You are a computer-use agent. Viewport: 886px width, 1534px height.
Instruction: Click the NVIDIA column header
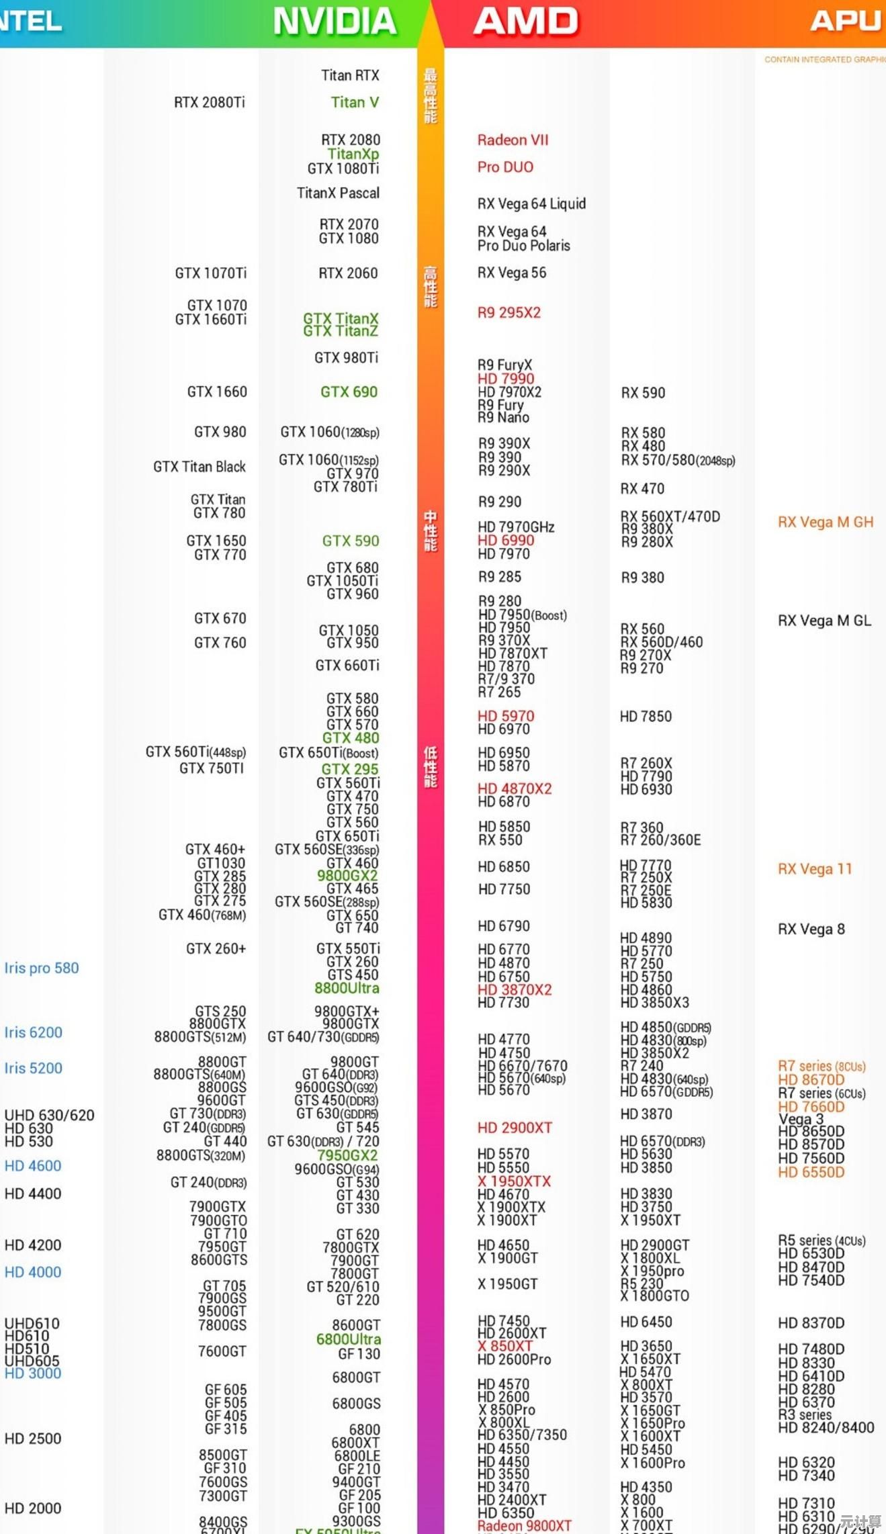[x=335, y=21]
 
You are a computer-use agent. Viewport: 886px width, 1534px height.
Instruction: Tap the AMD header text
[x=525, y=21]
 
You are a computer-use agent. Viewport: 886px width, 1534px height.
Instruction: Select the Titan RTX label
[x=350, y=75]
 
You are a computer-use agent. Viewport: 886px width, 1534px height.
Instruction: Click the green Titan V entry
[x=355, y=102]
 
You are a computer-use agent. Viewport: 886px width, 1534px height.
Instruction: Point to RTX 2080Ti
[x=210, y=102]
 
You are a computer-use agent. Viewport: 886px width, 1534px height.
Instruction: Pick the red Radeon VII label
[x=513, y=140]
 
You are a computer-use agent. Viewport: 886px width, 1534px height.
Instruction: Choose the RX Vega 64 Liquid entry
[x=531, y=204]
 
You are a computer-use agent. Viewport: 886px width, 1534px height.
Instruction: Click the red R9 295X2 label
[x=509, y=312]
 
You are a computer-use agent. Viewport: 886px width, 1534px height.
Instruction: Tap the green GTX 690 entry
[x=349, y=392]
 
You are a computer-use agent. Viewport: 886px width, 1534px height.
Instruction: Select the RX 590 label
[x=643, y=392]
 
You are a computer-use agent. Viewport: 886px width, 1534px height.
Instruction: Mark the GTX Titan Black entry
[x=200, y=466]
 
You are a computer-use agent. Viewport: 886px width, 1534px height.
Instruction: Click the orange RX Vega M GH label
[x=826, y=522]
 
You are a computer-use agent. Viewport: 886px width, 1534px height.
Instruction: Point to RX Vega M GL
[x=824, y=621]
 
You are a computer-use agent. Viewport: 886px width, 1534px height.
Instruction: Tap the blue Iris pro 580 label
[x=42, y=968]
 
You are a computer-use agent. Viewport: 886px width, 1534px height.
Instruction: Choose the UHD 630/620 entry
[x=50, y=1115]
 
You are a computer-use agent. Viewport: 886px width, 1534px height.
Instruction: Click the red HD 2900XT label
[x=515, y=1128]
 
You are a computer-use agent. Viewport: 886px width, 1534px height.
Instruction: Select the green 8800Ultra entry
[x=347, y=988]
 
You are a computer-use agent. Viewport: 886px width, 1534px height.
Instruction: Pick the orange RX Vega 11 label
[x=815, y=868]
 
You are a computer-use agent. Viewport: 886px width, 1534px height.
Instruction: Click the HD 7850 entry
[x=646, y=717]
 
